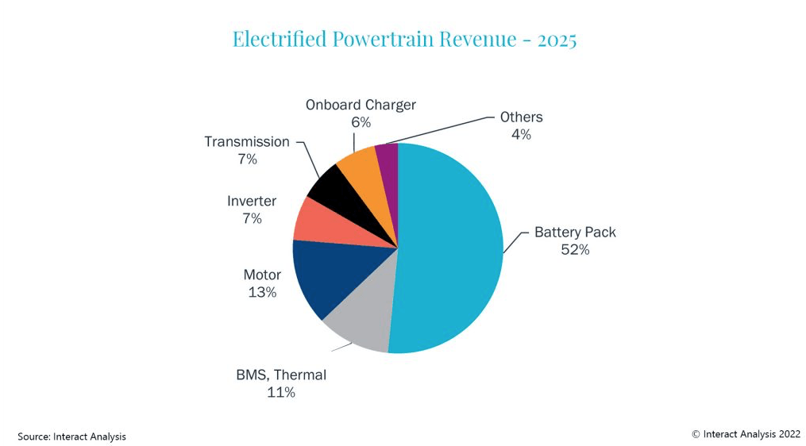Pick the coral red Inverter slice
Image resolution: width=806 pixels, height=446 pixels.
(x=314, y=220)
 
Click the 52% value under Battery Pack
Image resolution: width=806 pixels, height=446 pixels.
(x=574, y=250)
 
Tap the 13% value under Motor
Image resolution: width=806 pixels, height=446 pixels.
(x=261, y=292)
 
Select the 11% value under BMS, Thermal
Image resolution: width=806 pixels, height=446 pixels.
(x=280, y=392)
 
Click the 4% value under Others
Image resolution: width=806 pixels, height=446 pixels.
(x=521, y=135)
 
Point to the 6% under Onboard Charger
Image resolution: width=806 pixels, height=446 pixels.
(x=361, y=122)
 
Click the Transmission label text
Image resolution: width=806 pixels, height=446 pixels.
(x=247, y=141)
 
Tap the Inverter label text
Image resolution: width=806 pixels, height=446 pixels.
(x=252, y=201)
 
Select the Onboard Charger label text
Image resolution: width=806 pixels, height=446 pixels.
(x=361, y=105)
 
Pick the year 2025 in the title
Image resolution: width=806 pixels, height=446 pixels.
(x=557, y=39)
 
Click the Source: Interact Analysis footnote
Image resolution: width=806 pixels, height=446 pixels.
(x=72, y=436)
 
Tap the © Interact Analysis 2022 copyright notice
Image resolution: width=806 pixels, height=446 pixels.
(x=746, y=433)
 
